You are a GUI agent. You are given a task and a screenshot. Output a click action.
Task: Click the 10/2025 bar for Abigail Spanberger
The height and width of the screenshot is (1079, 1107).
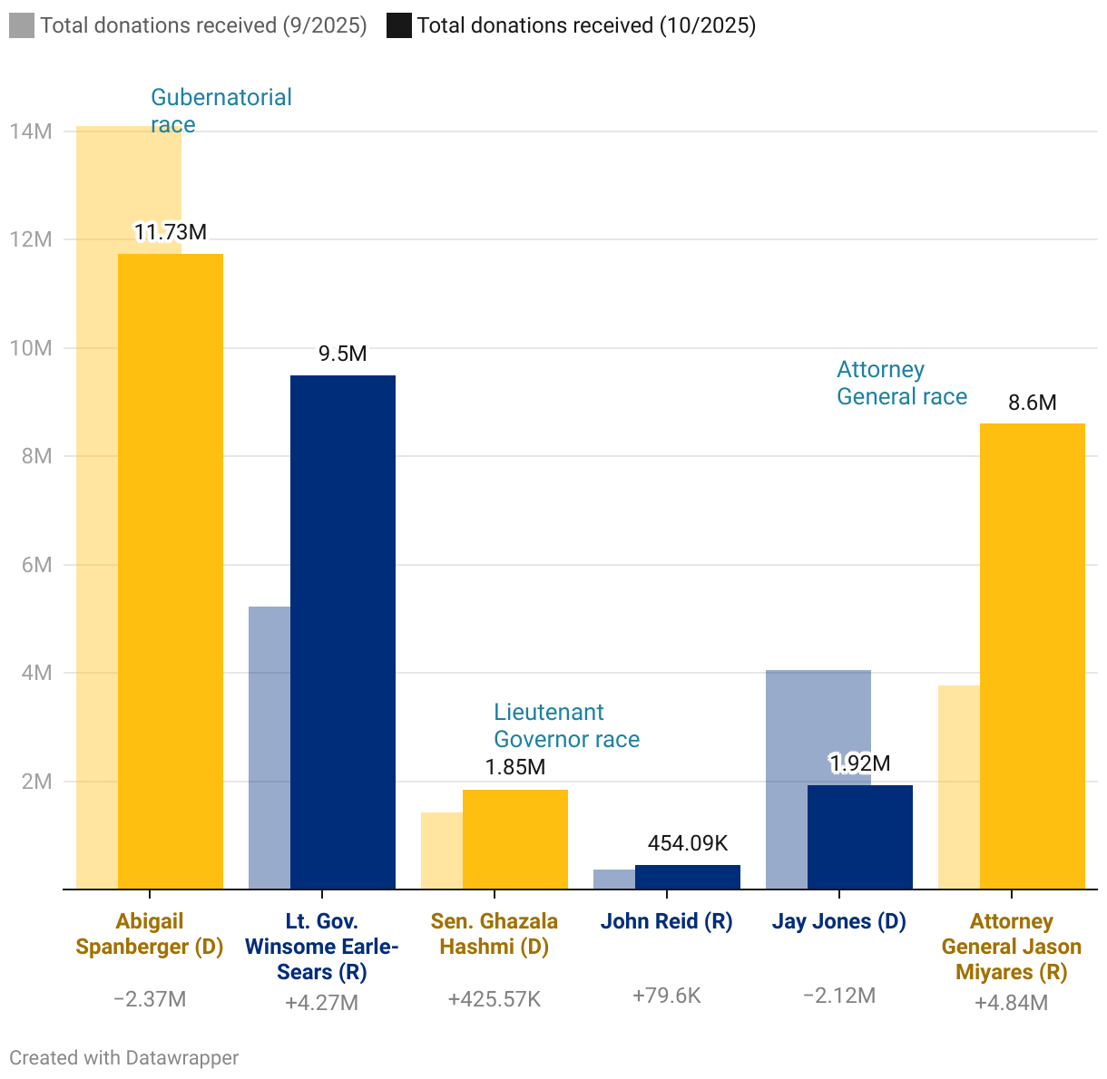[x=171, y=571]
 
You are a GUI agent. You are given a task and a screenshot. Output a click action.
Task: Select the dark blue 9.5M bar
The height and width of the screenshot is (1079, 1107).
[x=343, y=632]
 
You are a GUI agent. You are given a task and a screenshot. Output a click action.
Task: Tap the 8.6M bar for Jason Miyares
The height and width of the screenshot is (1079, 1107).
[x=1033, y=656]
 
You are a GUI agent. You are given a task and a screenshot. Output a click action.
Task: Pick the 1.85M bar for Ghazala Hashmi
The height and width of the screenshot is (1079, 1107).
[x=515, y=839]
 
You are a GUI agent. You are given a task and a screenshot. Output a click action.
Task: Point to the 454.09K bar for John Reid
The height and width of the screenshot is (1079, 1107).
[x=688, y=877]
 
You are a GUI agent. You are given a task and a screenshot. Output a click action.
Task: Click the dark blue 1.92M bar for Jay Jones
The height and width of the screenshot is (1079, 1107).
[x=860, y=837]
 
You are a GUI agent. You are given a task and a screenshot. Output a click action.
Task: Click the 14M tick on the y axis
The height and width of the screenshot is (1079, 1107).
[x=31, y=131]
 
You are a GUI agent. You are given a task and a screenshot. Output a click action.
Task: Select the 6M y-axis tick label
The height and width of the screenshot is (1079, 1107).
[x=36, y=565]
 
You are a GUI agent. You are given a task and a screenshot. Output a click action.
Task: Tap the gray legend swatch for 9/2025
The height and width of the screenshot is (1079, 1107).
[x=22, y=25]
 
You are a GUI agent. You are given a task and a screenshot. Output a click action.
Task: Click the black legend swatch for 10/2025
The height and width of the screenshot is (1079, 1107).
[x=399, y=25]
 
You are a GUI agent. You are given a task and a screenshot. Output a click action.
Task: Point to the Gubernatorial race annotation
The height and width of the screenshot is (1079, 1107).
[x=220, y=111]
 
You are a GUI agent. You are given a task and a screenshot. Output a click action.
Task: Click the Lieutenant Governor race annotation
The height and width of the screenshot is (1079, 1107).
[x=566, y=725]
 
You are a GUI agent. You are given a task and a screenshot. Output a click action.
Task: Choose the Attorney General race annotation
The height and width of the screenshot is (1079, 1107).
[x=901, y=383]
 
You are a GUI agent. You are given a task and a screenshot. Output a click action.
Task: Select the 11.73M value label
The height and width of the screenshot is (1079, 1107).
[x=171, y=232]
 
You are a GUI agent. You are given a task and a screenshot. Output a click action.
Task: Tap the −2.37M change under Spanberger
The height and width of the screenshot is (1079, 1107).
[x=150, y=999]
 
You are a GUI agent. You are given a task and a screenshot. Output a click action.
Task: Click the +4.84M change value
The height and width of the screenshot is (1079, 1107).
[x=1011, y=1003]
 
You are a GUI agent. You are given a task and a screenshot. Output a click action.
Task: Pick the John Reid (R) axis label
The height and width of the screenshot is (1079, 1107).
[x=666, y=921]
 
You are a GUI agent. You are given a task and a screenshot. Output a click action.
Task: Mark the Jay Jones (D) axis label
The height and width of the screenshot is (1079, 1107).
[x=839, y=921]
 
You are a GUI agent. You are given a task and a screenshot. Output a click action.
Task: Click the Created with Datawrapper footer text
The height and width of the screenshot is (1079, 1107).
[x=124, y=1057]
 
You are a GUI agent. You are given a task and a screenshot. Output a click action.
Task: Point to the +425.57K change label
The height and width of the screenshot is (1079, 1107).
[x=495, y=999]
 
